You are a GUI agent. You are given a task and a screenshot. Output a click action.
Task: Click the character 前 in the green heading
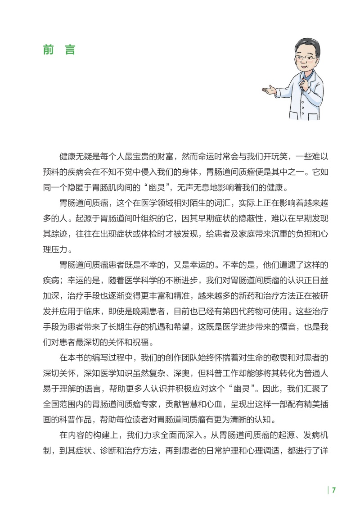pos(49,50)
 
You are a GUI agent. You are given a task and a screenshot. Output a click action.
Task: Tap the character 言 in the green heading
pos(70,50)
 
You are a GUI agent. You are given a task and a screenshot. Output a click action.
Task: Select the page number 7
pos(334,490)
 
